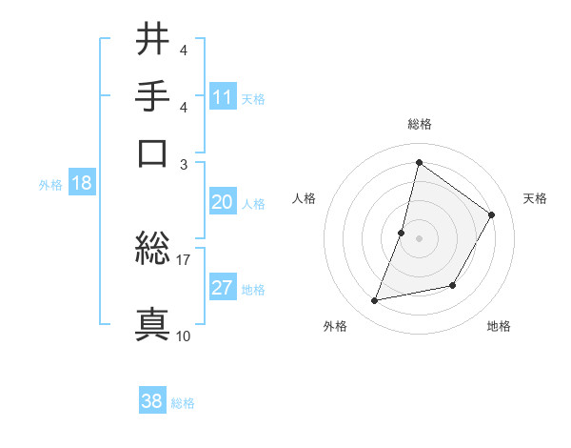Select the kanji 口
153,152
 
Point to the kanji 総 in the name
153,249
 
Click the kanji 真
153,323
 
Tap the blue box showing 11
223,96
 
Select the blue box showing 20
223,202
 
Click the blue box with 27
223,289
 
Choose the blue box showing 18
81,184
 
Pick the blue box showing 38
152,401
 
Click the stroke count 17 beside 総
184,258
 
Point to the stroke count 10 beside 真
184,336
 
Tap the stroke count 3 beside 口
184,164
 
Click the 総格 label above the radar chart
420,124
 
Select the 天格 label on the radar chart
535,198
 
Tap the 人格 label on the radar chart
305,198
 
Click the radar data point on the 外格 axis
375,301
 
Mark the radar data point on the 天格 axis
492,214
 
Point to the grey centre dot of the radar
420,238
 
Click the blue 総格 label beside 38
183,403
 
